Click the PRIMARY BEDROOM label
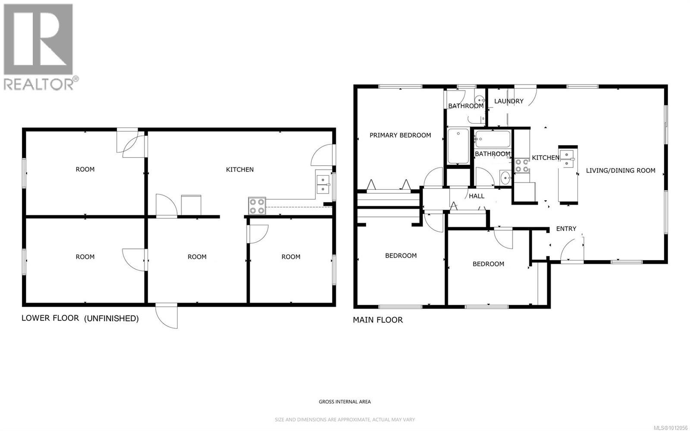[x=400, y=135]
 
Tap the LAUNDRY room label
[x=508, y=101]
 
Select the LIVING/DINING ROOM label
[x=621, y=170]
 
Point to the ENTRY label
[x=566, y=229]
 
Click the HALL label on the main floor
[x=477, y=196]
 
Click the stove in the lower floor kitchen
[x=257, y=206]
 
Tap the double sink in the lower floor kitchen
[x=323, y=184]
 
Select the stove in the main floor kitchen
[x=521, y=165]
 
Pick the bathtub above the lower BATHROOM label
[x=492, y=139]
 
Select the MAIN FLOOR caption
[x=378, y=320]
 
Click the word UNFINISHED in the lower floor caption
[x=112, y=318]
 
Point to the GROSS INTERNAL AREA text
[x=345, y=402]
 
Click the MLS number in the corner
[x=672, y=427]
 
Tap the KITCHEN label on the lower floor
[x=240, y=170]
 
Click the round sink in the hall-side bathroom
[x=505, y=178]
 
